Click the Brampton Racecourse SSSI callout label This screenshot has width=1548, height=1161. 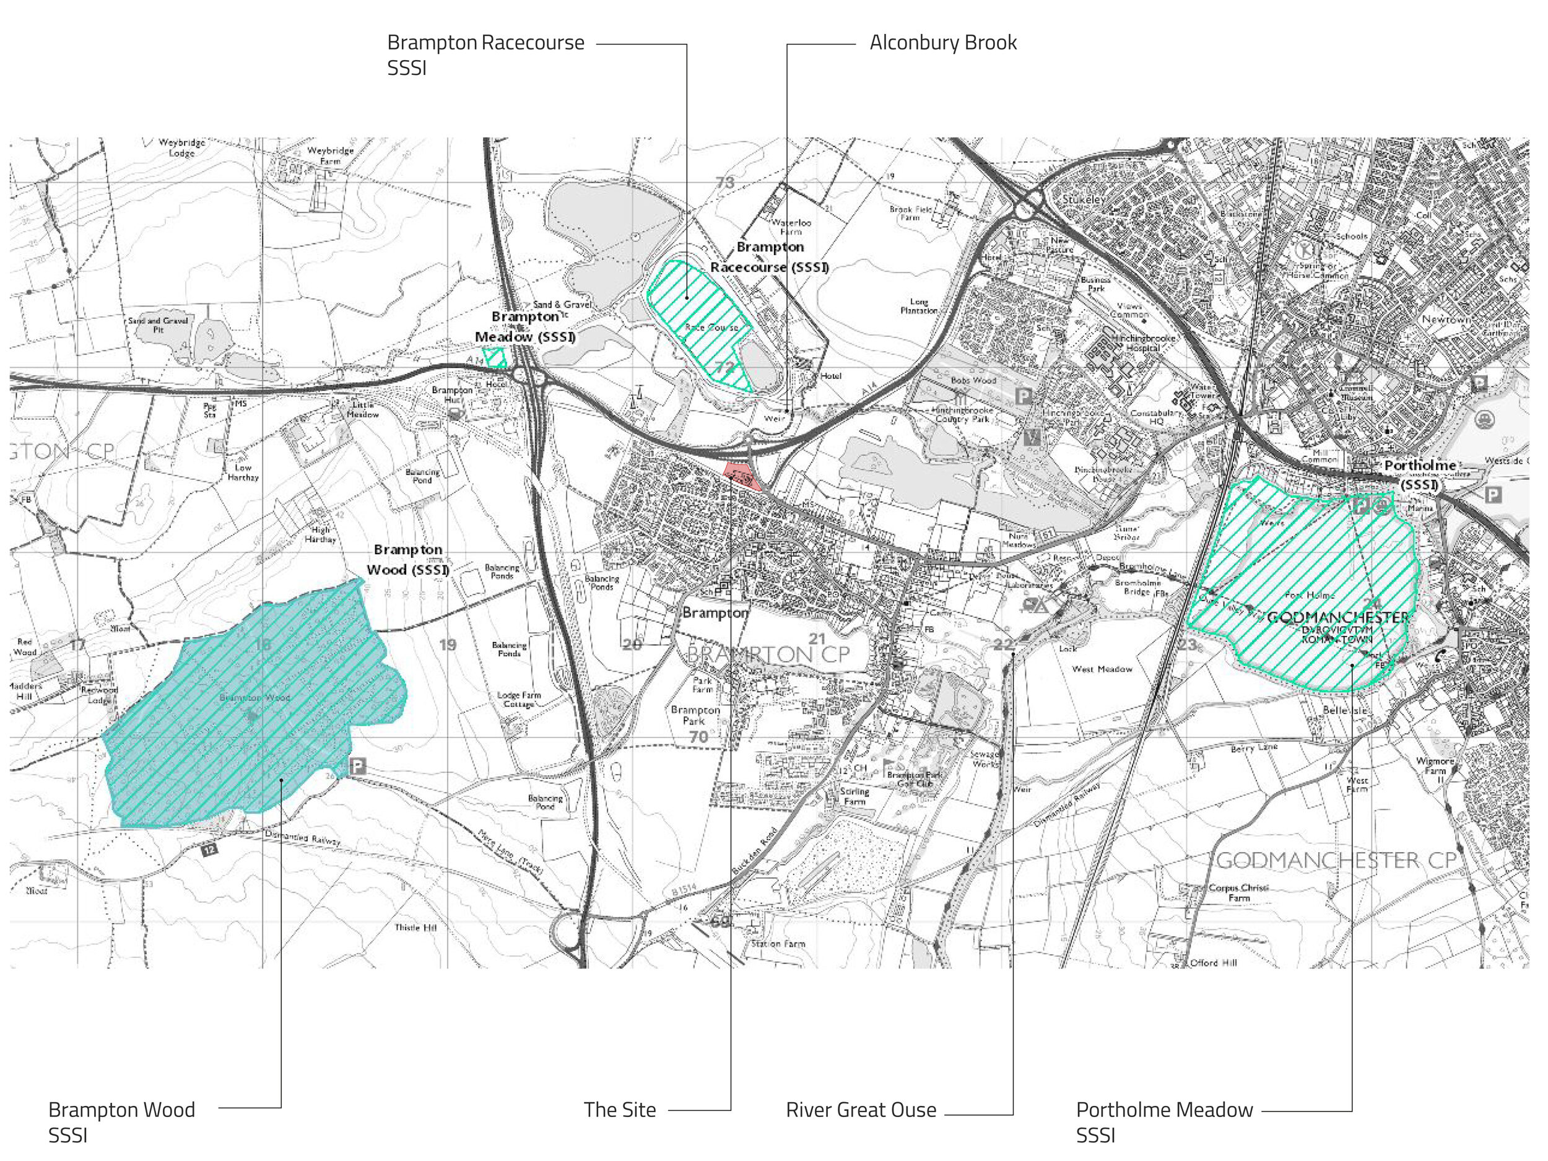[485, 54]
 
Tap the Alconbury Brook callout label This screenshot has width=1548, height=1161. [942, 43]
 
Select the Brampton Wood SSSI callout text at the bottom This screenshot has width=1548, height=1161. [121, 1122]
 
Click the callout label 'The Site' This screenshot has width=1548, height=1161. [619, 1110]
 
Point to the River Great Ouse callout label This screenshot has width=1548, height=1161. [860, 1110]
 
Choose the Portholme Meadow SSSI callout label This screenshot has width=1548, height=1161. [1164, 1122]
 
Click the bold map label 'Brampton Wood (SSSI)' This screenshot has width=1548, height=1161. [408, 560]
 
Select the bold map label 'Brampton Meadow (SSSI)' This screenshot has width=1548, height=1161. [525, 327]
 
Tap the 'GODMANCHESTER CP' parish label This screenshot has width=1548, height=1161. [1337, 860]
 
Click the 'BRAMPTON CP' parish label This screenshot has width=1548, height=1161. [768, 655]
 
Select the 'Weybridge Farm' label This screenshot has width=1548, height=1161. [330, 155]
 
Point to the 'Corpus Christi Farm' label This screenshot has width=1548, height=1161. [1238, 892]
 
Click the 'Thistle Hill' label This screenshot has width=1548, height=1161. [415, 928]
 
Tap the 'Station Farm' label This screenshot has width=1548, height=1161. [778, 944]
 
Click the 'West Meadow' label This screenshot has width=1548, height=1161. [1102, 669]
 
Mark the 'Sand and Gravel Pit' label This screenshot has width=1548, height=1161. [158, 324]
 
